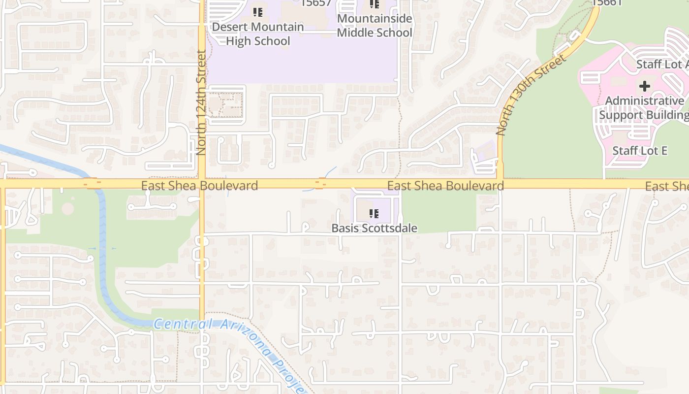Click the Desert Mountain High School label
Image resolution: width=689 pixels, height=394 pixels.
258,34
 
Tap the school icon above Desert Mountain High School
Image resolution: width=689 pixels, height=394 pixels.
257,12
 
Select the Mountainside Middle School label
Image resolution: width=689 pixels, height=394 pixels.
375,26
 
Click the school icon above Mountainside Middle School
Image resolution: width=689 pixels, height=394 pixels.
374,4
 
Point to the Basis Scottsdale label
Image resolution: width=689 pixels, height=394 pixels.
374,228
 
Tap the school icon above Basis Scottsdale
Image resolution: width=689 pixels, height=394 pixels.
374,214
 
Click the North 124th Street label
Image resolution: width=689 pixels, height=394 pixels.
201,102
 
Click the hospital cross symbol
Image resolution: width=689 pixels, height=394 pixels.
644,87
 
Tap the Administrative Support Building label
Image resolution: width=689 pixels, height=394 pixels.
645,108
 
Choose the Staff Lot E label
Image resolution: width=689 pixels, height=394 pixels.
640,151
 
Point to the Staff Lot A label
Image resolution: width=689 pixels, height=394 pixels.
662,65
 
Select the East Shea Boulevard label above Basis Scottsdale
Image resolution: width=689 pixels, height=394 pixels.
445,186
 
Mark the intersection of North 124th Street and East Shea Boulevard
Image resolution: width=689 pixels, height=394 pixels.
202,184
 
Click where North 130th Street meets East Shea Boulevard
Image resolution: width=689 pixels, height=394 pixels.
500,184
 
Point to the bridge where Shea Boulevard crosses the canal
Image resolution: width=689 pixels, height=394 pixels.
93,184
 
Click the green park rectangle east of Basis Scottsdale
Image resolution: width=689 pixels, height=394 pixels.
438,212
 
